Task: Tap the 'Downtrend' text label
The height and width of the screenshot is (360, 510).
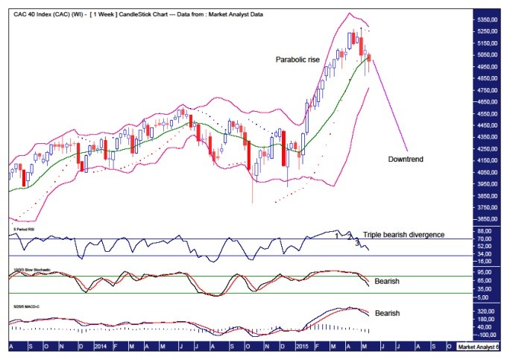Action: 409,159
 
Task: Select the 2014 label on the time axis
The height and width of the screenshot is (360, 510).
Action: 103,347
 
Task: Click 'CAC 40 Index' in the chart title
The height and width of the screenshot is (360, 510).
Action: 34,7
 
